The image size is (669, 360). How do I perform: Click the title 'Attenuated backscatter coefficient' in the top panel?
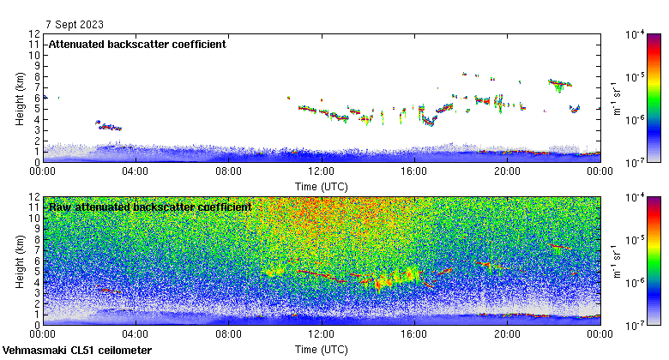pos(137,44)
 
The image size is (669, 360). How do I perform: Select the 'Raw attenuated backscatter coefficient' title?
pos(150,207)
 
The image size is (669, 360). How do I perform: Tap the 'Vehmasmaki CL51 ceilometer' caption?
pos(77,351)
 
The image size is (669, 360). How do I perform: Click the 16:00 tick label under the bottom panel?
pos(414,335)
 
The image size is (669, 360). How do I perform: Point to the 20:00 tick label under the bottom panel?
pos(507,335)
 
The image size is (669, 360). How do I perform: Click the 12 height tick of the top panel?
pos(34,34)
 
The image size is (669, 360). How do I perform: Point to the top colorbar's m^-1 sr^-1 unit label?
pos(616,98)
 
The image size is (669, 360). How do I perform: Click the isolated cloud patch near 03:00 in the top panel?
pos(109,126)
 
